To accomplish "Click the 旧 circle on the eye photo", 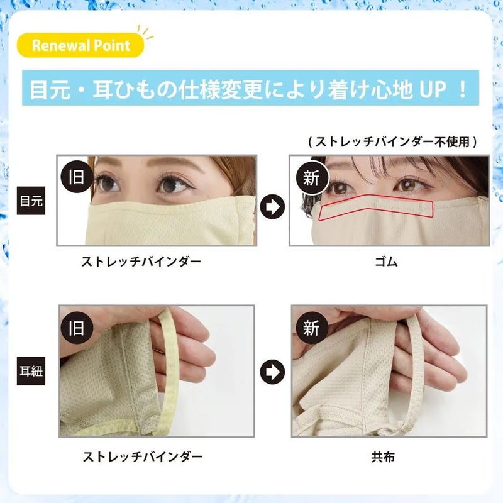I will click(76, 177).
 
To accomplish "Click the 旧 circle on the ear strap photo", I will click(76, 328).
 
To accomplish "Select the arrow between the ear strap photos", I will click(272, 370).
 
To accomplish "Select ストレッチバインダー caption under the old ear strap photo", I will click(143, 456).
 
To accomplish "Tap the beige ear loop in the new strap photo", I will click(412, 352).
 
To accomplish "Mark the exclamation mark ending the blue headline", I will click(463, 89).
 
